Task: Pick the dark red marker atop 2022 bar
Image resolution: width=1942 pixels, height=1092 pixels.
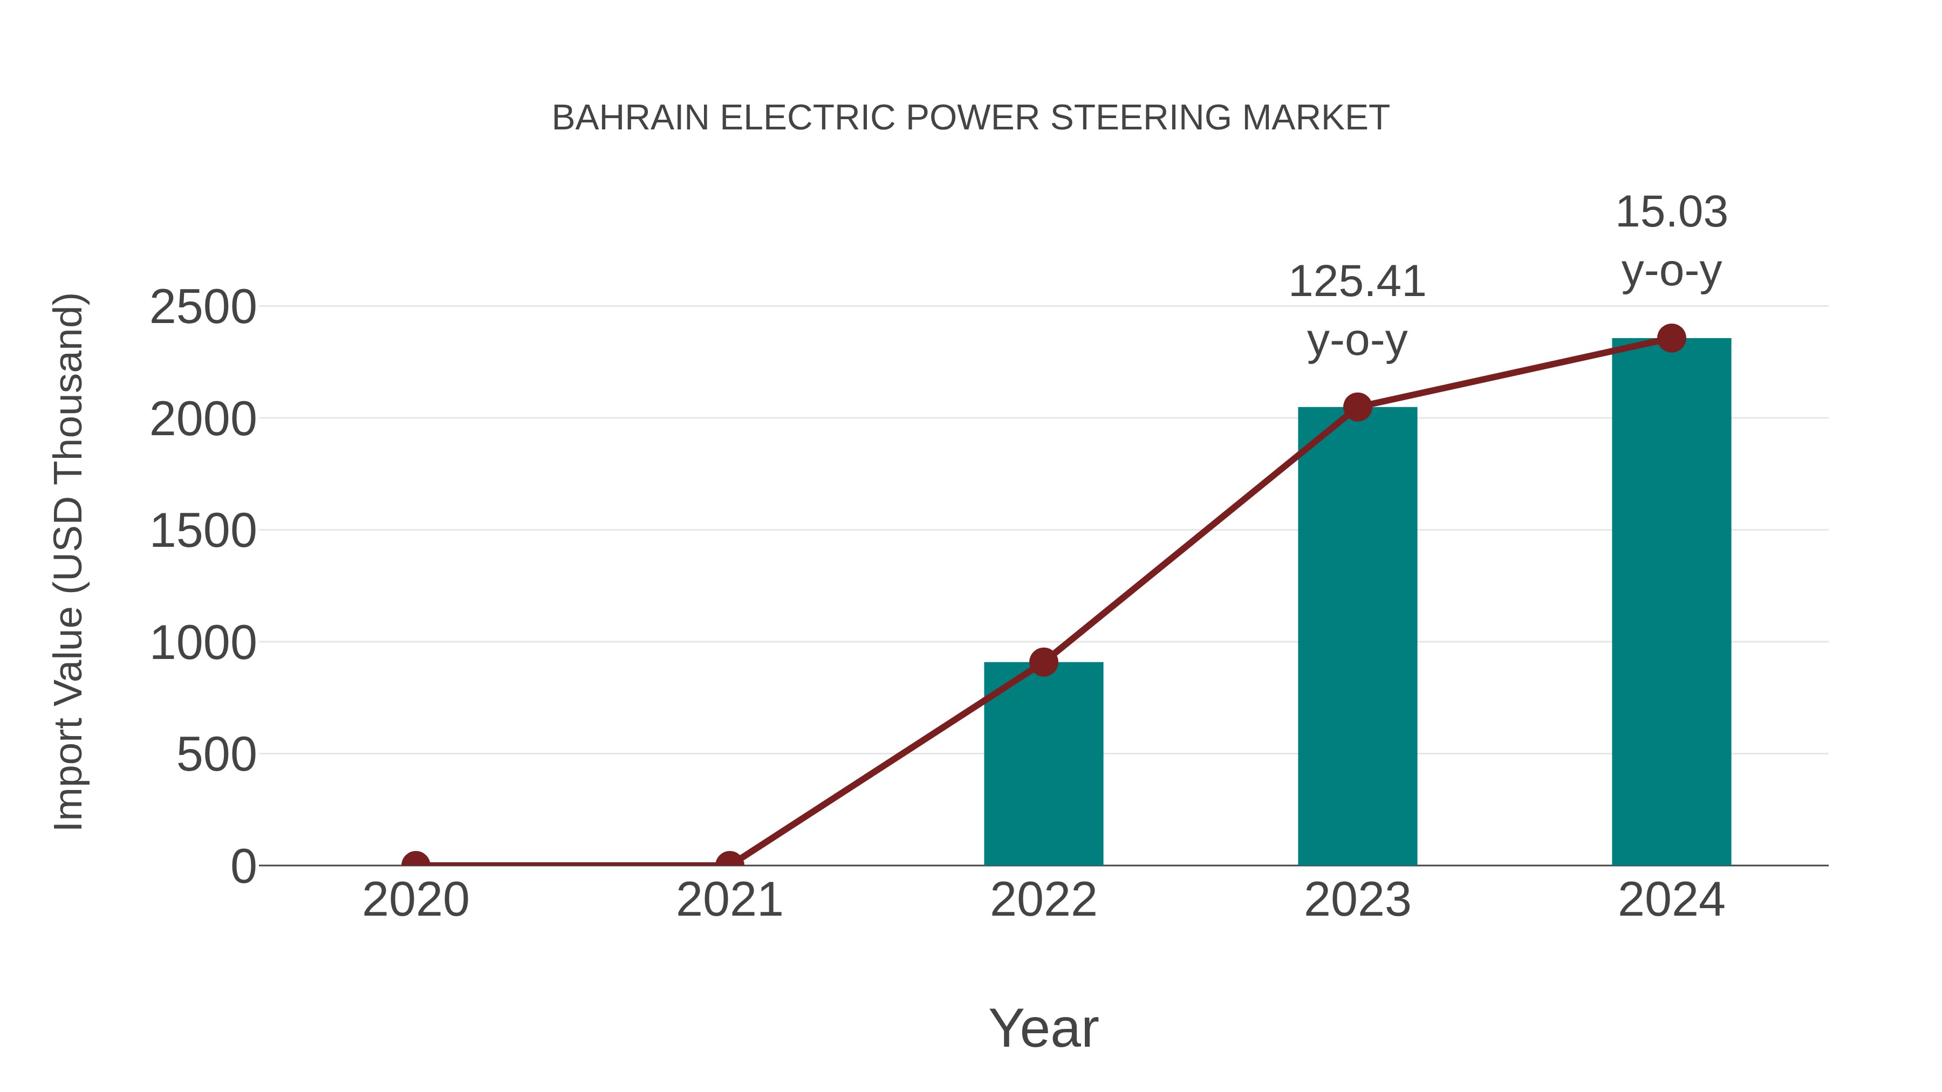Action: tap(1043, 662)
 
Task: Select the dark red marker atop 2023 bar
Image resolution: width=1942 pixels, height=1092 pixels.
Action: tap(1357, 407)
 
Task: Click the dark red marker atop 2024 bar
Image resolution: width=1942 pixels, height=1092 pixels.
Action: tap(1671, 338)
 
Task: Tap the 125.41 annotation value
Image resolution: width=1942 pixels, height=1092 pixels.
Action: tap(1357, 282)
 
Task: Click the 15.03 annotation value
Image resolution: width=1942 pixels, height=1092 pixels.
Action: tap(1671, 212)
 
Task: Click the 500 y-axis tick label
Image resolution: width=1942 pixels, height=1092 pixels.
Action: tap(216, 754)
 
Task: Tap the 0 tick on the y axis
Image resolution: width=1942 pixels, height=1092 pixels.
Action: tap(243, 866)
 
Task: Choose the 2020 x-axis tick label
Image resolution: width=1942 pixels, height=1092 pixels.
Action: tap(415, 900)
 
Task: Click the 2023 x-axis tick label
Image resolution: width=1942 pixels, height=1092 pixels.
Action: tap(1357, 900)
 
